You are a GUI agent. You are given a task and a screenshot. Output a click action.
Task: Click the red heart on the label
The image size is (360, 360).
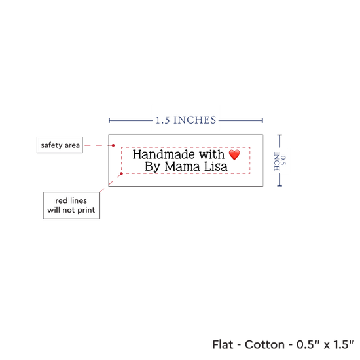234,154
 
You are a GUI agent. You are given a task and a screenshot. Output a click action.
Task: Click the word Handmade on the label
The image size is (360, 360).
164,154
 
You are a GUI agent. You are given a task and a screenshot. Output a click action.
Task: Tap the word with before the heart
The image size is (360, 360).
211,154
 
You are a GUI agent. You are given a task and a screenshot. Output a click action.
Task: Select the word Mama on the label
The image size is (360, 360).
182,166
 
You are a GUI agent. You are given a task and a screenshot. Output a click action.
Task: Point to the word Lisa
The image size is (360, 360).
215,166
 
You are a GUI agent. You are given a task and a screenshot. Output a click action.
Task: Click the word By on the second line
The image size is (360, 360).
153,167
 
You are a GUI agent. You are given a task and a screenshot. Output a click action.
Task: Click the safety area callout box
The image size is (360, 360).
60,145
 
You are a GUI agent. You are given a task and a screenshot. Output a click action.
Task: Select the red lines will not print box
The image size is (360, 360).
71,206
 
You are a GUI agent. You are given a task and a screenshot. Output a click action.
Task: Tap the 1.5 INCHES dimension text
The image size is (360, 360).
186,120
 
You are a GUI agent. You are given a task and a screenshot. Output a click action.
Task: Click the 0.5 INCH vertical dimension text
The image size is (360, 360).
280,161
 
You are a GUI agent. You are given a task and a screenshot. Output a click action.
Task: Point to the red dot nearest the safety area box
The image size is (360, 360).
113,145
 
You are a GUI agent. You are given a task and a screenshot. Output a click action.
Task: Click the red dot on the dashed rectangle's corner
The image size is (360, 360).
122,174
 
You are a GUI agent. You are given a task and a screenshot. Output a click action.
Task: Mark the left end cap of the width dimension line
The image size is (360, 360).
109,120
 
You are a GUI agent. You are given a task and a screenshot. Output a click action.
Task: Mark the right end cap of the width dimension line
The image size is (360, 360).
262,120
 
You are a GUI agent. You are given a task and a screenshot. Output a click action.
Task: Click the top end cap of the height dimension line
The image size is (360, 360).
279,135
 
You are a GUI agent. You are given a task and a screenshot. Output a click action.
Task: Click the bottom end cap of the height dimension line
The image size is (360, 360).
279,185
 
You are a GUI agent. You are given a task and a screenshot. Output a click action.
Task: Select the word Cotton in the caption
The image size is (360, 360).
264,344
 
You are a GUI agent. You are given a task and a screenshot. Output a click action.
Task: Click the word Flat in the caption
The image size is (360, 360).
223,344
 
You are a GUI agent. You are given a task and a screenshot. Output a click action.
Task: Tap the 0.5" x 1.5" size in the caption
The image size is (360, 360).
325,344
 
